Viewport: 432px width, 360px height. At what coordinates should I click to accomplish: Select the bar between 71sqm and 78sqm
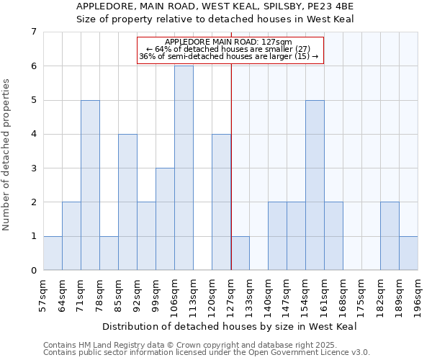tap(90, 185)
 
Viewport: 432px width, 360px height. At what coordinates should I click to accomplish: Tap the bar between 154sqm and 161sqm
tap(315, 185)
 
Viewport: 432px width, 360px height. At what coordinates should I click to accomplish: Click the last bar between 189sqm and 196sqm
tap(408, 253)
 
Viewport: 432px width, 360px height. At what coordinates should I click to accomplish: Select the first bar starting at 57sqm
tap(53, 253)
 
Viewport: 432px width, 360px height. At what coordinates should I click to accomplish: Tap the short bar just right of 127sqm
tap(240, 253)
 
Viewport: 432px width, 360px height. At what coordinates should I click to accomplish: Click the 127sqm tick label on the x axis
tap(230, 295)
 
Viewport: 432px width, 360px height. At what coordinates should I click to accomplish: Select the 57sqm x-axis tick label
tap(43, 295)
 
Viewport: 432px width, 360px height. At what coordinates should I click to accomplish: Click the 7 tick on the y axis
tap(33, 32)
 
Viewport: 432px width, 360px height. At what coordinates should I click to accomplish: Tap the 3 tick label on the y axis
tap(33, 168)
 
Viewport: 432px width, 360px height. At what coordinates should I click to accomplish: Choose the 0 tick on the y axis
tap(33, 271)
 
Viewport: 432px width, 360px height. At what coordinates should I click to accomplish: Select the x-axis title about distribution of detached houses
tap(230, 326)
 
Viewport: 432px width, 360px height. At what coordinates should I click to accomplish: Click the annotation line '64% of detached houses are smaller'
tap(228, 49)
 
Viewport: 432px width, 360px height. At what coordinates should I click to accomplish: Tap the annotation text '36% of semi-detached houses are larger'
tap(228, 56)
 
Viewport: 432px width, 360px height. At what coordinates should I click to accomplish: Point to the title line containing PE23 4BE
tap(215, 6)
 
